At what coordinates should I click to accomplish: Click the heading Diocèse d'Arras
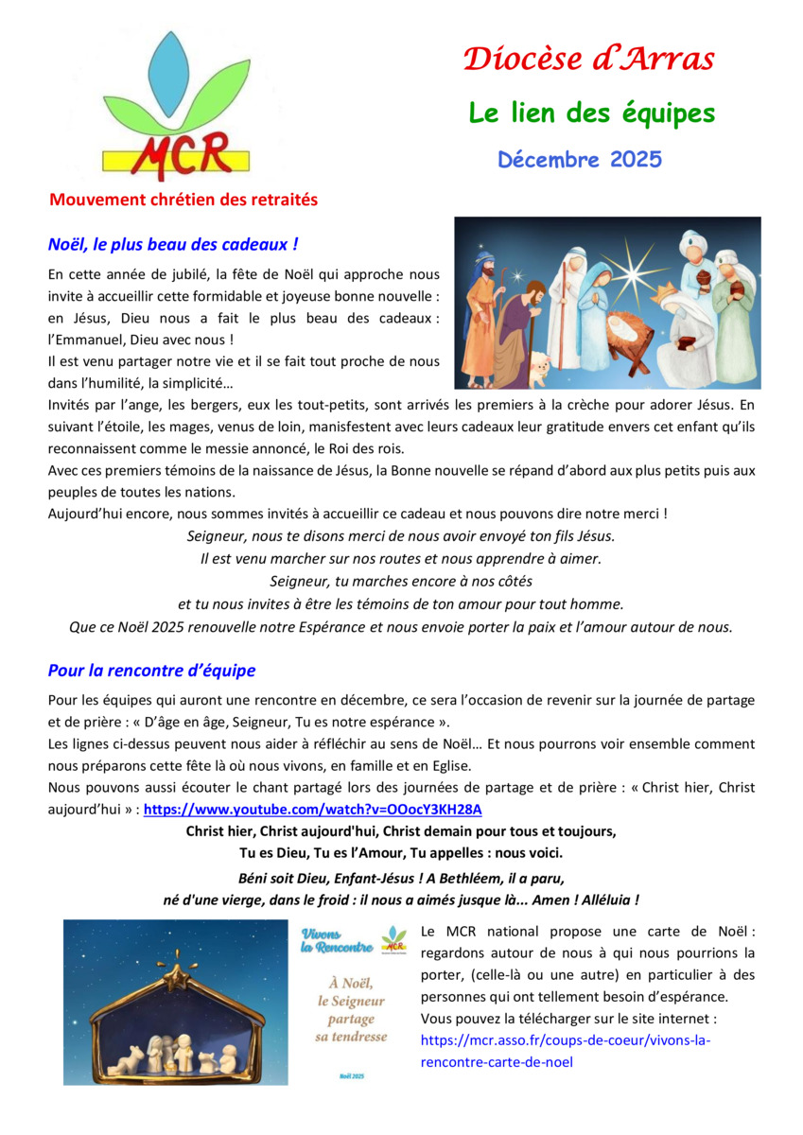pyautogui.click(x=588, y=60)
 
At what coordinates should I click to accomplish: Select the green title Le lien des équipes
pyautogui.click(x=592, y=113)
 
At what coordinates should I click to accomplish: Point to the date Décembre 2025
pyautogui.click(x=580, y=159)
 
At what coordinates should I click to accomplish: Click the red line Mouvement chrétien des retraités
pyautogui.click(x=183, y=201)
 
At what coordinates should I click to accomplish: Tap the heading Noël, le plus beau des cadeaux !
pyautogui.click(x=173, y=245)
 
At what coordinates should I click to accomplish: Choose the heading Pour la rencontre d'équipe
pyautogui.click(x=151, y=671)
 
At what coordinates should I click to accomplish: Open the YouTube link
pyautogui.click(x=312, y=810)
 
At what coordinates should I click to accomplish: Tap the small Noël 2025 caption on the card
pyautogui.click(x=351, y=1076)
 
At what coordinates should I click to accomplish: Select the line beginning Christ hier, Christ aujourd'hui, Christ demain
pyautogui.click(x=400, y=832)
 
